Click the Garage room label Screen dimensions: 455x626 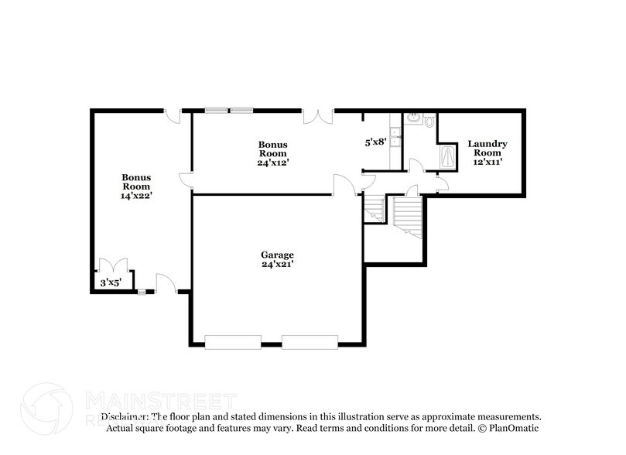(x=277, y=255)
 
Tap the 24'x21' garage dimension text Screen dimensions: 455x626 (x=277, y=265)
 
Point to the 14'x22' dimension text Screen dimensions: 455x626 (x=135, y=196)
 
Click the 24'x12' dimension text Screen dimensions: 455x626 (x=273, y=162)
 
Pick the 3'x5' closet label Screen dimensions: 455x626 (x=110, y=283)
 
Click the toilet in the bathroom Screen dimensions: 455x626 (x=429, y=121)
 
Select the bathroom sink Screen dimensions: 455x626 (x=413, y=118)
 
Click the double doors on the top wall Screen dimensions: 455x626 (x=317, y=116)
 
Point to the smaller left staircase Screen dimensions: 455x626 (x=375, y=207)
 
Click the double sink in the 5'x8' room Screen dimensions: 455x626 (x=395, y=136)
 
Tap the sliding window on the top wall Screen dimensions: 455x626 (x=229, y=110)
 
